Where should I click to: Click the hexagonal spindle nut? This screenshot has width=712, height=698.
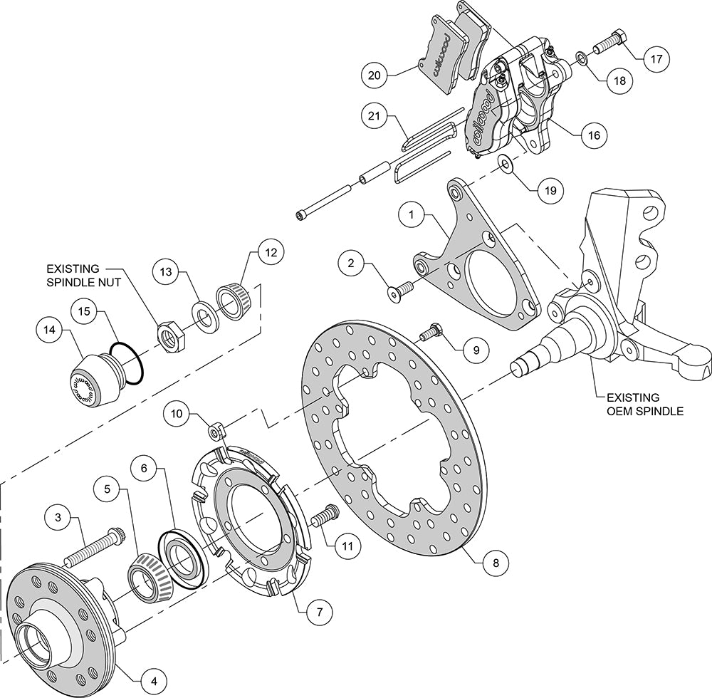pos(170,333)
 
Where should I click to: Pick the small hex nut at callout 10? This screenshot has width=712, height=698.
pos(216,429)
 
